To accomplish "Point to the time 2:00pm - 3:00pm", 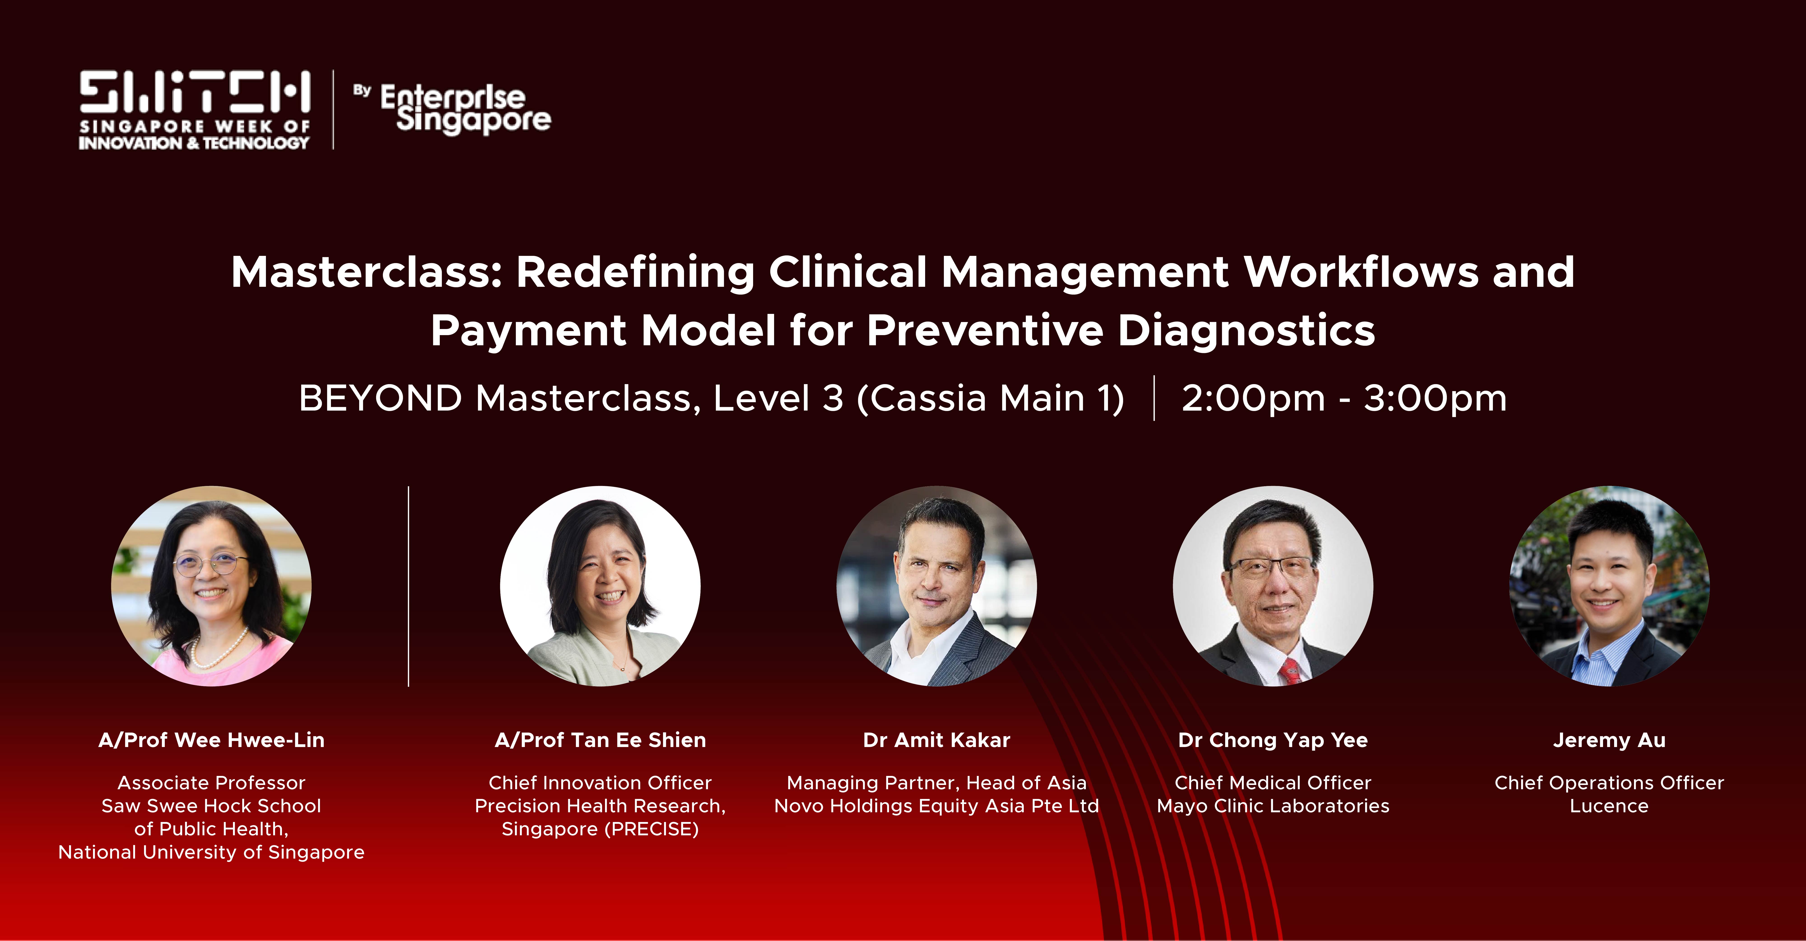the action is tap(1344, 398).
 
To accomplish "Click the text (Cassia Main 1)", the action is tap(991, 398).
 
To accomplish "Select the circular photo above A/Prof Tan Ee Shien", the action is tap(600, 586).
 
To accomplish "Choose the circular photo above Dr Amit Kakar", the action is tap(937, 586).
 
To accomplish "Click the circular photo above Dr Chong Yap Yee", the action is tap(1273, 586).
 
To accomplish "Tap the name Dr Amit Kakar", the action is tap(937, 740).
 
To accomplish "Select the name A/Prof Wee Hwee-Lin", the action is tap(212, 740).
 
